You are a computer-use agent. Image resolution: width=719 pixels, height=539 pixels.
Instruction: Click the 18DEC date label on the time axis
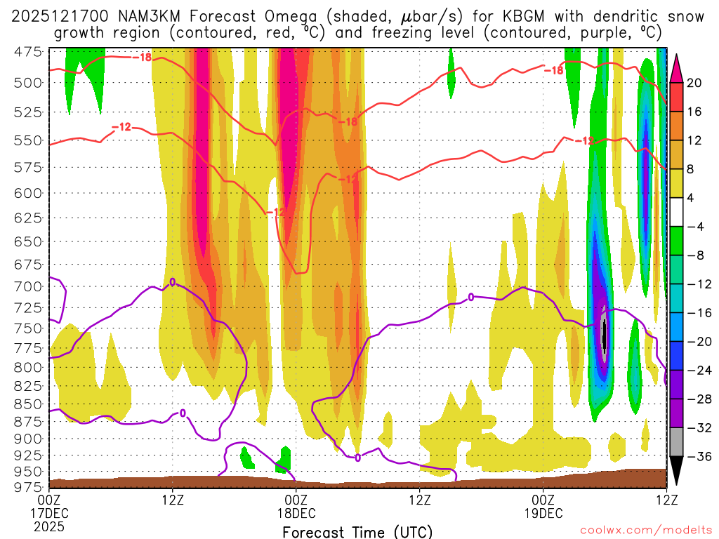point(296,512)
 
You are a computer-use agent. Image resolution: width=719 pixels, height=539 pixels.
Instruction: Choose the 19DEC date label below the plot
point(543,512)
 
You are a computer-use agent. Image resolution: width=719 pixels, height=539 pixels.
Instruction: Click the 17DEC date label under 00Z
point(49,512)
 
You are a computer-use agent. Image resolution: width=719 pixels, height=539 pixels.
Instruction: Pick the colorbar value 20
point(694,83)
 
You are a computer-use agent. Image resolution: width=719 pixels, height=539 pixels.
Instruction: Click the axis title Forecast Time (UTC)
point(357,531)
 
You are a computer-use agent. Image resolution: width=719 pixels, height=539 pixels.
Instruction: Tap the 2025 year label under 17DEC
point(49,525)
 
